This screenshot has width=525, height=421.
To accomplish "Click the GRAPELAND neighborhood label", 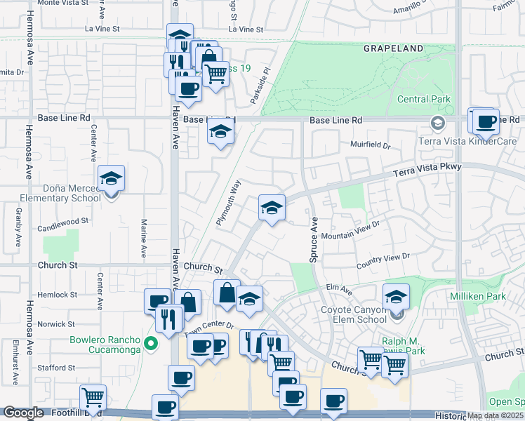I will click(x=393, y=48).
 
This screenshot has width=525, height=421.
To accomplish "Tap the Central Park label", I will click(x=424, y=99).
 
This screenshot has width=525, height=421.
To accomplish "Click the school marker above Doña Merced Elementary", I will click(x=111, y=180).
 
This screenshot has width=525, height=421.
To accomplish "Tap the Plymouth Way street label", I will click(x=228, y=202).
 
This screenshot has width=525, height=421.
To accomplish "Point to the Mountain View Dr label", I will click(x=350, y=229).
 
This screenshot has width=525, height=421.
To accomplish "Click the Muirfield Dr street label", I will click(x=370, y=145).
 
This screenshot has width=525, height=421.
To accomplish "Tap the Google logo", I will click(x=23, y=413).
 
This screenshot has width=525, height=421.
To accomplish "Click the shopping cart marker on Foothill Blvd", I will click(x=93, y=398).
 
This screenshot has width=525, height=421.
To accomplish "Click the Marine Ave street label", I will click(x=143, y=239).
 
